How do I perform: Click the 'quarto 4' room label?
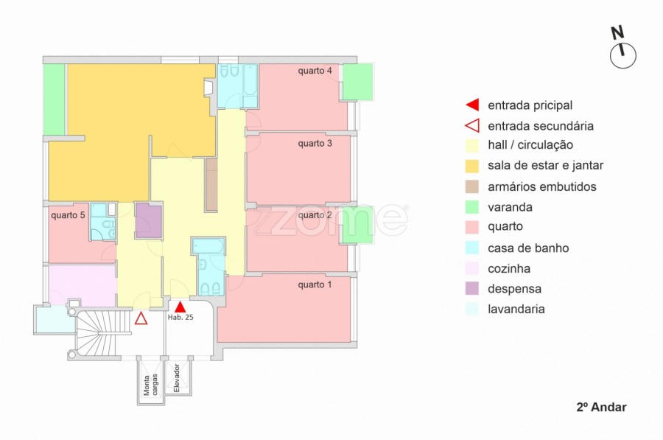click(x=315, y=71)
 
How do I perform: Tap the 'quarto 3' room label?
click(x=315, y=144)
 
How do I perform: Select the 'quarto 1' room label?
click(x=315, y=284)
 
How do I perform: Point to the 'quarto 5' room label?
click(x=68, y=216)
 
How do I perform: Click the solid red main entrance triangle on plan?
click(x=180, y=307)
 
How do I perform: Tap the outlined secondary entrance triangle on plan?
click(x=141, y=318)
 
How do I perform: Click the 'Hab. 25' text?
click(x=180, y=318)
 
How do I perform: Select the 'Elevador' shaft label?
click(x=177, y=378)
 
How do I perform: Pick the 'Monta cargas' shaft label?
click(x=150, y=385)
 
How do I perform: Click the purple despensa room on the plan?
click(x=148, y=220)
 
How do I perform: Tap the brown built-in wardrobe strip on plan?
click(x=211, y=184)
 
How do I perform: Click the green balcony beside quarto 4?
click(x=358, y=82)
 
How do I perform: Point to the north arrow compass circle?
click(x=622, y=55)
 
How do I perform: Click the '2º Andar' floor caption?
click(x=601, y=407)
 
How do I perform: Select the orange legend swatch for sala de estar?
click(x=472, y=166)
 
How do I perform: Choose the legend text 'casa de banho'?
click(x=528, y=248)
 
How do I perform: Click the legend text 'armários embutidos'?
click(x=542, y=186)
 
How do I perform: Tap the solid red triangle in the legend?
click(x=472, y=105)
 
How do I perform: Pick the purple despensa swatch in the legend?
click(x=472, y=288)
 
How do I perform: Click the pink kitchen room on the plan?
click(x=83, y=284)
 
